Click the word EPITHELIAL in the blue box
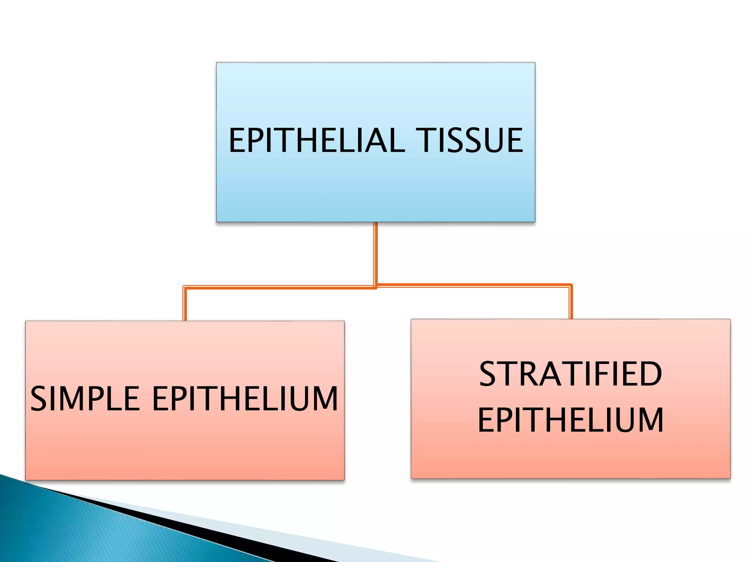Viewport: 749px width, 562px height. [317, 140]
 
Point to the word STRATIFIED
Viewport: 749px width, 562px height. [571, 374]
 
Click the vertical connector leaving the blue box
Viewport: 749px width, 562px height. [376, 252]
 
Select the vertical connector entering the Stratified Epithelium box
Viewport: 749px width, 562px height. [571, 302]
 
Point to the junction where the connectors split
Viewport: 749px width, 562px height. [376, 286]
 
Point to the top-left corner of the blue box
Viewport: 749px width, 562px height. [217, 63]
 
